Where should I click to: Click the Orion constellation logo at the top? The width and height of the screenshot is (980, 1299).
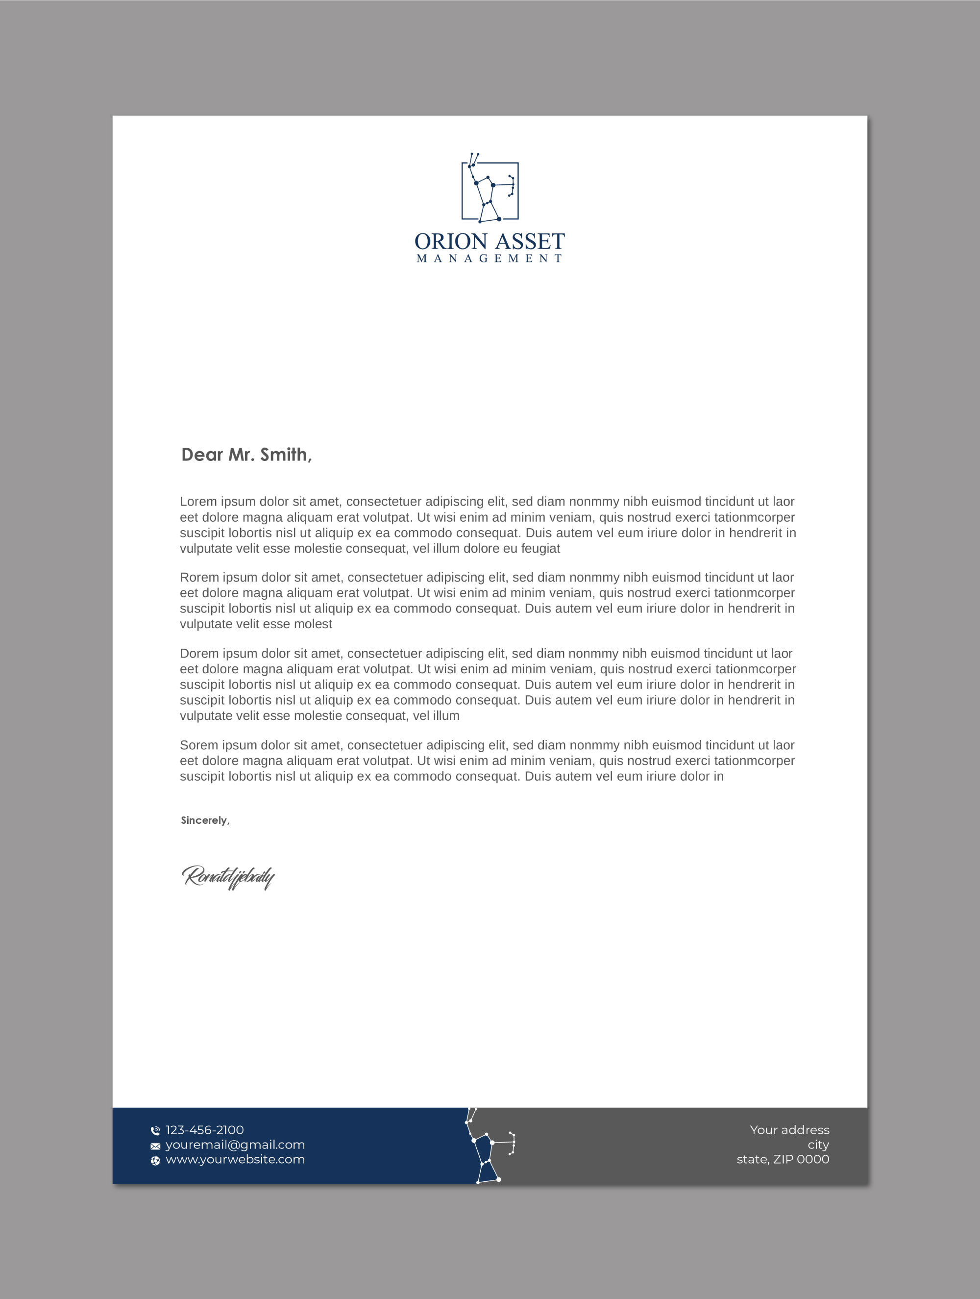pos(490,190)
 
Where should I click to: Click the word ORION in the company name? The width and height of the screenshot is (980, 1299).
pos(451,241)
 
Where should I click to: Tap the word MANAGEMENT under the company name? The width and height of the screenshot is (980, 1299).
pos(490,258)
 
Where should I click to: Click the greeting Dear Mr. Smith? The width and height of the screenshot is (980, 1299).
pos(246,455)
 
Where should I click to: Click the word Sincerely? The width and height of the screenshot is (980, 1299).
pos(204,820)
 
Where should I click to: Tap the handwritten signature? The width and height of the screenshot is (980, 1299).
pos(228,877)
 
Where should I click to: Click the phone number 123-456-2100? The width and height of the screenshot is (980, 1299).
pos(205,1130)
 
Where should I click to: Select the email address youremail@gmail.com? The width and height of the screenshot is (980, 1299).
pos(235,1145)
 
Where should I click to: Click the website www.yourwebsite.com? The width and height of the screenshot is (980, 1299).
pos(235,1159)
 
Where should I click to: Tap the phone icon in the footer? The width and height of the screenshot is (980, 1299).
pos(155,1130)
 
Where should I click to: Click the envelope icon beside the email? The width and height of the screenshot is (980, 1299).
pos(155,1146)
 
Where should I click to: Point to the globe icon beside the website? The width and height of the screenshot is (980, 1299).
pos(155,1160)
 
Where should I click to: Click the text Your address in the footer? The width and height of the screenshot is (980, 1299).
pos(789,1130)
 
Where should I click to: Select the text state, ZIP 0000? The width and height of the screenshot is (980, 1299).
pos(783,1159)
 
